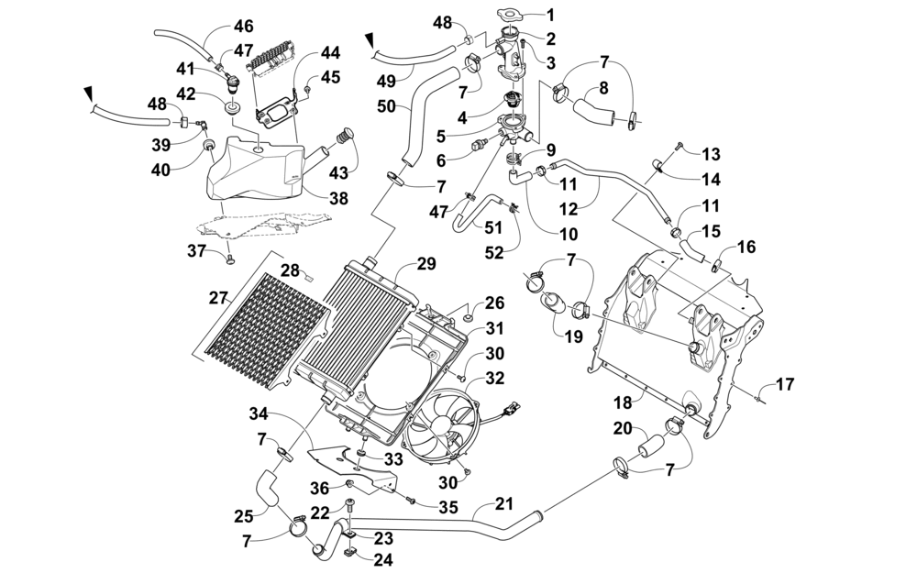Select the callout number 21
point(504,503)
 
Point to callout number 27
point(218,298)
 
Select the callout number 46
point(243,27)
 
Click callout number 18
point(624,402)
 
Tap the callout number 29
point(426,264)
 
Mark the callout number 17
point(785,384)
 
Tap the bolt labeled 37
point(228,259)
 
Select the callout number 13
point(712,154)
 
